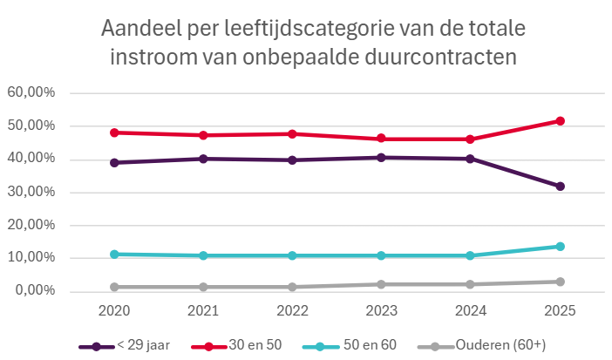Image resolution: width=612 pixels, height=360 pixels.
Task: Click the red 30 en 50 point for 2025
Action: (x=560, y=121)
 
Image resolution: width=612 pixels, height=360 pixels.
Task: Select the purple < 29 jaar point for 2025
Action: (x=560, y=187)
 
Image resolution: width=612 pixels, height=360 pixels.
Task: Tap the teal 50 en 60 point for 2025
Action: (x=560, y=247)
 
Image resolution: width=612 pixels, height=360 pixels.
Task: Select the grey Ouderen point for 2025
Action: (x=560, y=282)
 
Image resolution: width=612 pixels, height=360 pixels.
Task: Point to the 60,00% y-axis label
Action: (x=31, y=93)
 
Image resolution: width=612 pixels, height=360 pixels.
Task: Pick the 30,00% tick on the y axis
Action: (x=31, y=193)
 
